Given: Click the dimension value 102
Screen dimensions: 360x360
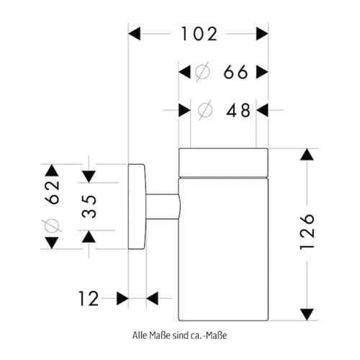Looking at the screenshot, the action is click(x=199, y=34).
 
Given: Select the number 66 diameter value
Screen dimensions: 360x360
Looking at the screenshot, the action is click(x=235, y=72).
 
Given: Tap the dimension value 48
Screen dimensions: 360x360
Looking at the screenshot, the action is click(x=238, y=110).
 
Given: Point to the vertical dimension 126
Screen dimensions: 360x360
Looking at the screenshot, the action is click(x=307, y=231).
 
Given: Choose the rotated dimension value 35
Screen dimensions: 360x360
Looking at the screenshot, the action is click(x=89, y=206).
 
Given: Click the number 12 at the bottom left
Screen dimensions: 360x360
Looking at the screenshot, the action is click(x=89, y=299).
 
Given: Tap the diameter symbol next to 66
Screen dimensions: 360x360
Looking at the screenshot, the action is click(x=202, y=72).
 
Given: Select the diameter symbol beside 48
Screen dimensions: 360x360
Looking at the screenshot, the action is click(x=205, y=110).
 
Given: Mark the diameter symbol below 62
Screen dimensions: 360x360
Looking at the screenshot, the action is click(x=52, y=226).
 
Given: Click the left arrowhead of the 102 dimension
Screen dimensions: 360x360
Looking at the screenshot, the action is click(x=135, y=34).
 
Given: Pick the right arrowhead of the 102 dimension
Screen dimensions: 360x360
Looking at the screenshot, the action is click(x=262, y=34).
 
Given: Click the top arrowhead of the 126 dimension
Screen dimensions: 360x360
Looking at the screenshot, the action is click(x=307, y=155).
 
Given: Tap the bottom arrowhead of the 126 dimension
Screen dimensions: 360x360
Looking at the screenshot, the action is click(x=307, y=315).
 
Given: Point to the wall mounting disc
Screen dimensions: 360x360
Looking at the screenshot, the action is click(x=137, y=207).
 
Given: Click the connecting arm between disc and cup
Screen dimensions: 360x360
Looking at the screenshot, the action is click(x=163, y=207).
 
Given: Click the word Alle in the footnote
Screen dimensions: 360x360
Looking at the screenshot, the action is click(x=140, y=336).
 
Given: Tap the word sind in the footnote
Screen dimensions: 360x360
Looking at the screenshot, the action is click(x=181, y=336).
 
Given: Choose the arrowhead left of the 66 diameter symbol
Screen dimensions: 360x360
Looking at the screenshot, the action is click(x=184, y=72).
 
